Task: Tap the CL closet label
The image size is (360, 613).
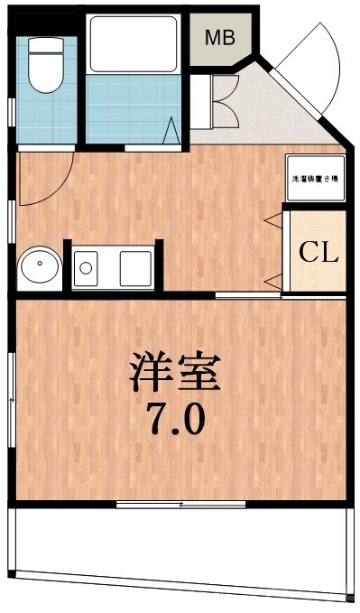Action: point(318,251)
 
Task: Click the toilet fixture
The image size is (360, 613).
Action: point(42,72)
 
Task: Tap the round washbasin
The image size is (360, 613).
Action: point(39,267)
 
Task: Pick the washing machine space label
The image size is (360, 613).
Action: point(314,179)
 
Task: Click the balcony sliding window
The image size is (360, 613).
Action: point(180,502)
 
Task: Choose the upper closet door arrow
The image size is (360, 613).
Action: point(270,221)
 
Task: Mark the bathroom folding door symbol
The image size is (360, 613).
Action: point(171,129)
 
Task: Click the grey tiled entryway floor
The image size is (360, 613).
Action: point(271,117)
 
